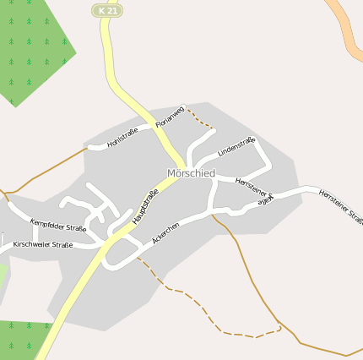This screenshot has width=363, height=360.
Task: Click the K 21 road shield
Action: click(x=106, y=10)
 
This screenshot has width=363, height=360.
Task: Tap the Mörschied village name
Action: click(x=191, y=173)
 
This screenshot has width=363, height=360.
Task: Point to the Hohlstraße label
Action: click(x=123, y=137)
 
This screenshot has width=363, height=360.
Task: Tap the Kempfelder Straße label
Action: click(x=58, y=226)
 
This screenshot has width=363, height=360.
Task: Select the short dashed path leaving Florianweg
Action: click(x=199, y=117)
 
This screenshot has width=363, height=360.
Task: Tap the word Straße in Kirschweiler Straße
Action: click(x=60, y=246)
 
